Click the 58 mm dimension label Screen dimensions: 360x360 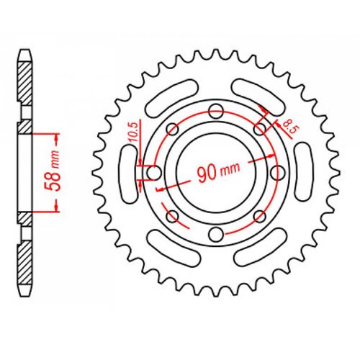click(x=53, y=171)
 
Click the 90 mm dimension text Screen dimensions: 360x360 click(x=218, y=171)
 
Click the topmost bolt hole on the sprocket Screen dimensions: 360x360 click(x=216, y=112)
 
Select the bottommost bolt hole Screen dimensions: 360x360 click(x=216, y=235)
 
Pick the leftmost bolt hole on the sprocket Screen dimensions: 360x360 click(x=154, y=173)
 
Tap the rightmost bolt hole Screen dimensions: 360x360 click(x=278, y=173)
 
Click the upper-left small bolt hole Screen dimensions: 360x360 click(x=173, y=129)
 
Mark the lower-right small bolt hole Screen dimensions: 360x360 click(x=260, y=217)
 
